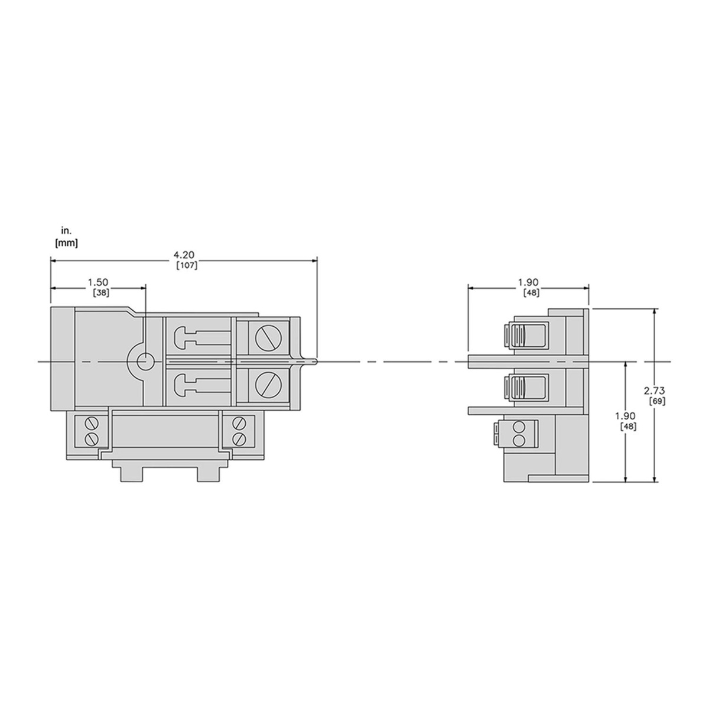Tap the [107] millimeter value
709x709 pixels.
(x=187, y=265)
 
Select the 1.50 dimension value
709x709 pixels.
(x=98, y=282)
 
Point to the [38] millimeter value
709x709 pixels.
(x=100, y=293)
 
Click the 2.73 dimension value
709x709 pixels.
(x=655, y=391)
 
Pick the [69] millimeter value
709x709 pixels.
(x=657, y=401)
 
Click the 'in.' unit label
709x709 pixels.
(x=67, y=231)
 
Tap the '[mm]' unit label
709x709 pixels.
(x=66, y=243)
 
